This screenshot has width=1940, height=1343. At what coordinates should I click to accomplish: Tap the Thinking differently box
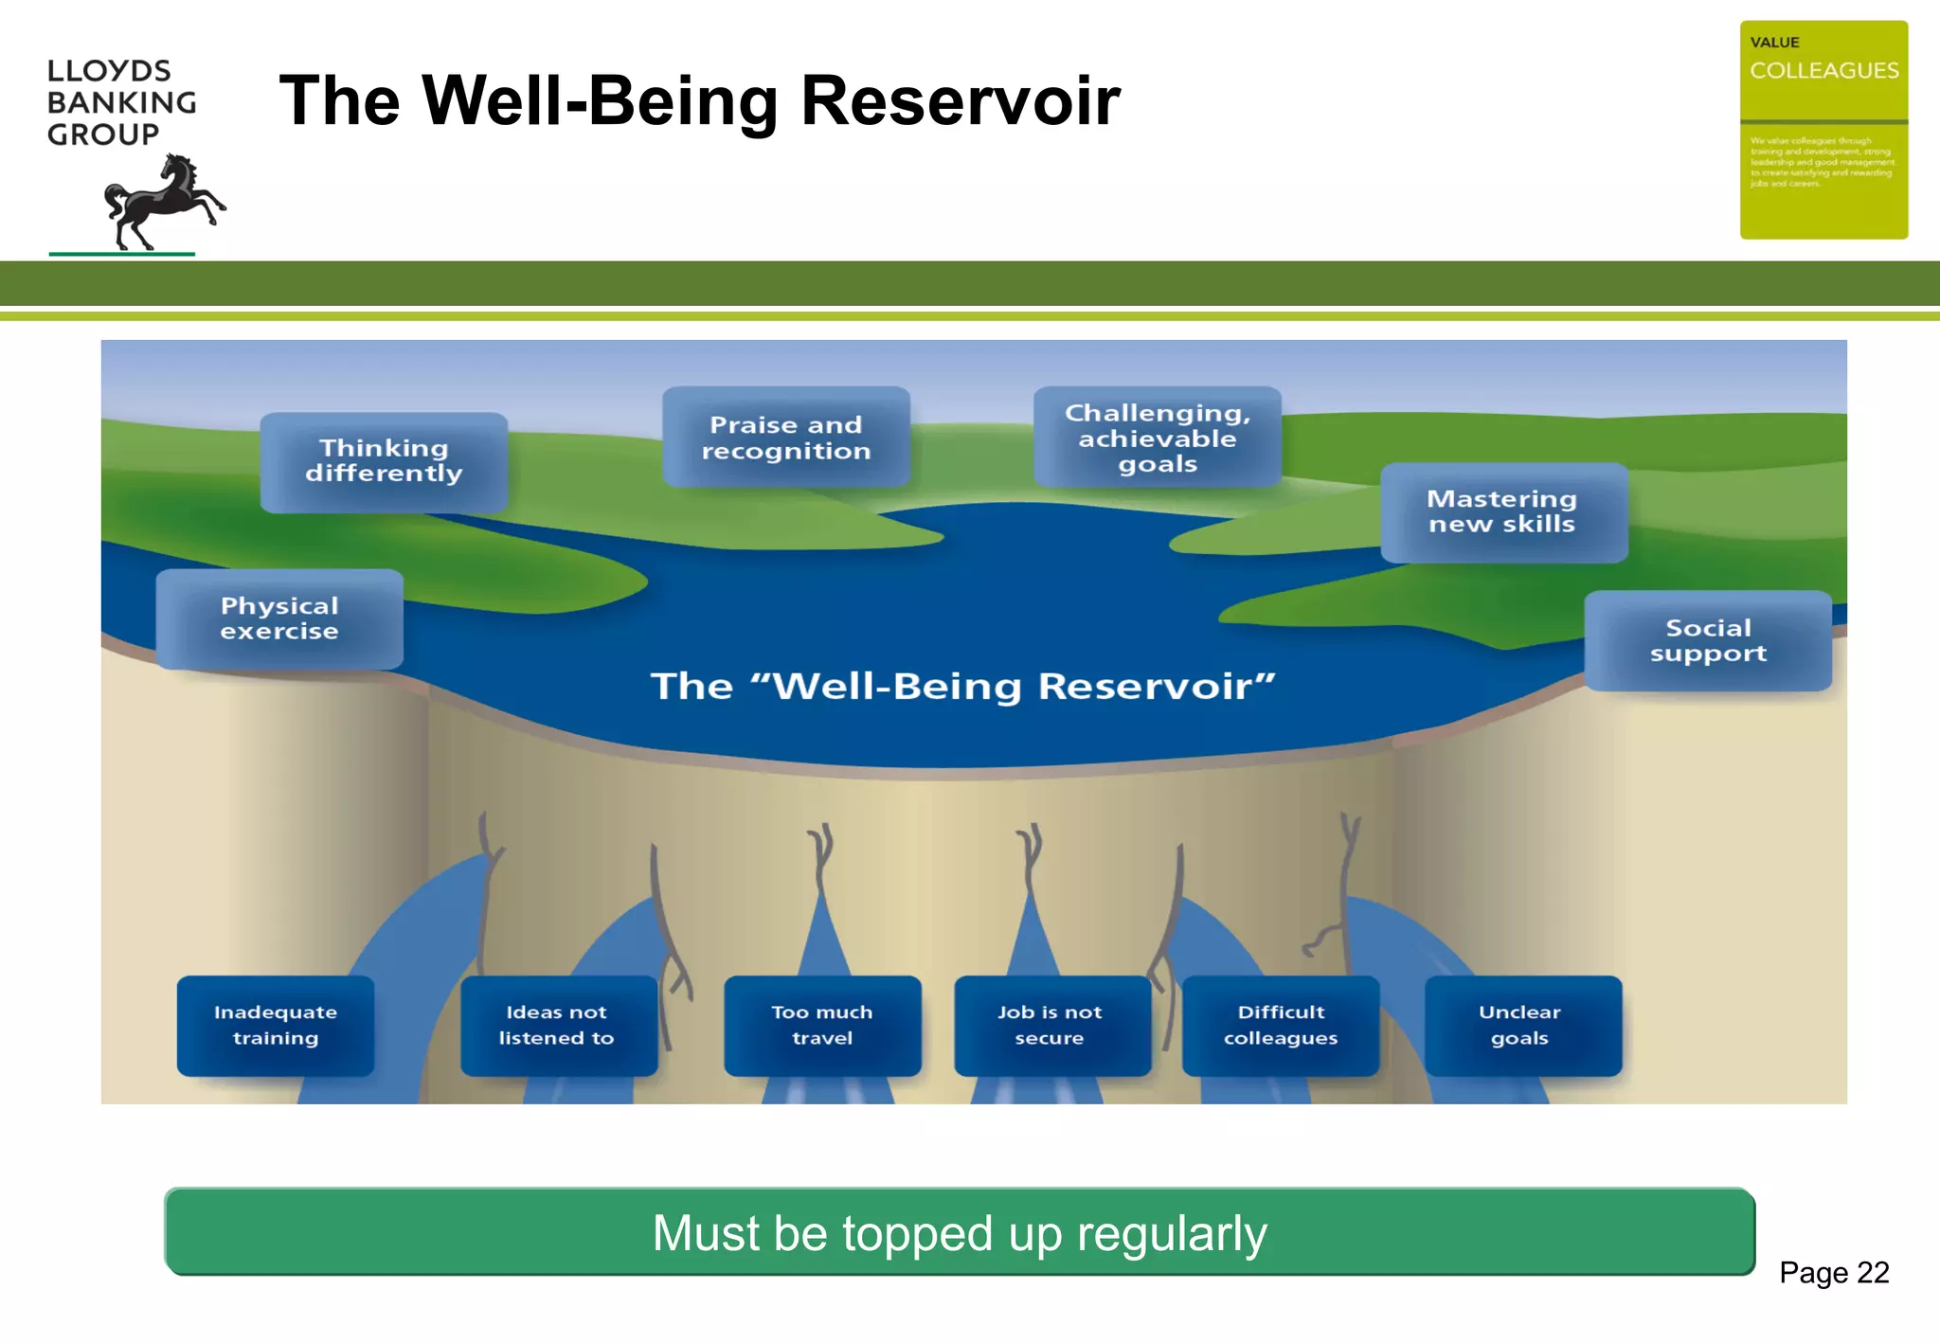384,461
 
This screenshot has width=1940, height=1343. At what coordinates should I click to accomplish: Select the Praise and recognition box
786,438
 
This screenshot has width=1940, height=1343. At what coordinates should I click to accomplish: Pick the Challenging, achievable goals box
1158,438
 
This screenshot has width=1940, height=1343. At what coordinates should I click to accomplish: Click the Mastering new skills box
1503,512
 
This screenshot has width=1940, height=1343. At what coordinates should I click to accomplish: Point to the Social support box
1708,641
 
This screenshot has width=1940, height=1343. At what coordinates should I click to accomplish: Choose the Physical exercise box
279,619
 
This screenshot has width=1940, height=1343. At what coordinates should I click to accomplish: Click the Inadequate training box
276,1026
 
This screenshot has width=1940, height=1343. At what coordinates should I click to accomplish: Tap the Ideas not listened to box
558,1026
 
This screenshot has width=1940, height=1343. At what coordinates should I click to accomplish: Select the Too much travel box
822,1026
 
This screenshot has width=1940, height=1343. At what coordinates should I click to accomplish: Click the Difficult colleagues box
1281,1026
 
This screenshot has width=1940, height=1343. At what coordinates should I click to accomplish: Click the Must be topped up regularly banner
959,1232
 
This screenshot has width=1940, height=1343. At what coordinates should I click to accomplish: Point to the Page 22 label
1834,1272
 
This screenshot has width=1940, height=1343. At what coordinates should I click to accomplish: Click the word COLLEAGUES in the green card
1823,71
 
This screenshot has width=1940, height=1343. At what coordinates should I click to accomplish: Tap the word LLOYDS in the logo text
109,71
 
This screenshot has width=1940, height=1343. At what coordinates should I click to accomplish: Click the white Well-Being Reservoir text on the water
962,687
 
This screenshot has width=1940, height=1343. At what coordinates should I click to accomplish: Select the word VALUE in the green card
1774,43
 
